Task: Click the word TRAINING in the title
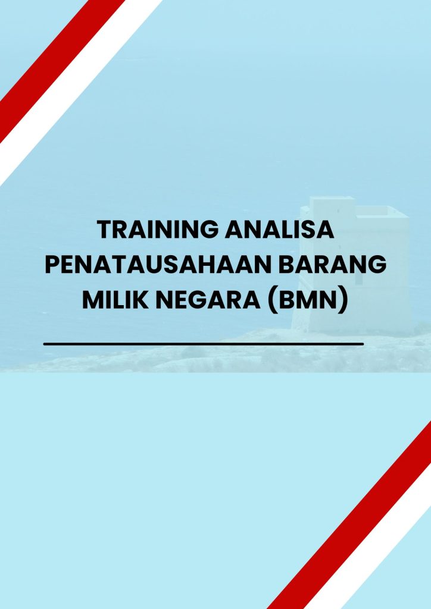click(157, 230)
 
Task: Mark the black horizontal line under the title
click(204, 344)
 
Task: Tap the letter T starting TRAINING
click(103, 230)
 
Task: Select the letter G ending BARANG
click(377, 265)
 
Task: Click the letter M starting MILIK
click(92, 299)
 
